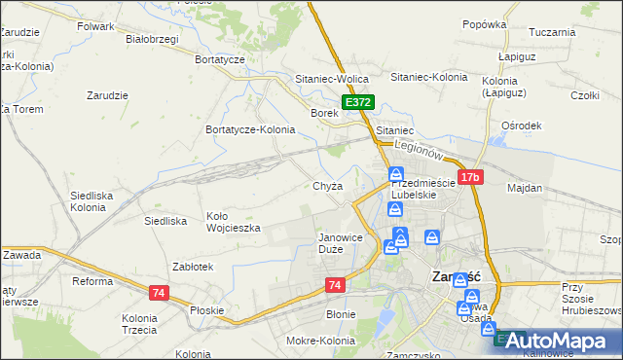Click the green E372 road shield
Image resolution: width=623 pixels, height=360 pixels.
(357, 101)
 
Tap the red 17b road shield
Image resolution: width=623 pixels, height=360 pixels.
(470, 177)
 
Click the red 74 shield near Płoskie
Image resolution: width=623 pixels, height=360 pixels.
(160, 292)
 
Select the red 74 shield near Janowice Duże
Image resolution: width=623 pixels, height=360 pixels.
(335, 284)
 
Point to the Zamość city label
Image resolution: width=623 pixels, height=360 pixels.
(453, 276)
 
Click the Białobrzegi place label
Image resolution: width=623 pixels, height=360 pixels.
(153, 40)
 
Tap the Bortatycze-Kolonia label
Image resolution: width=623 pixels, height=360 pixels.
(250, 129)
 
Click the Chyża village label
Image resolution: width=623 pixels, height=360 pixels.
(327, 187)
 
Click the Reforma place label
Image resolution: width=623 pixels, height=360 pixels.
(94, 281)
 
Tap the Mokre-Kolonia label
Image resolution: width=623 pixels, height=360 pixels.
(319, 341)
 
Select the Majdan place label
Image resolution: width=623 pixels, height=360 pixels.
(525, 187)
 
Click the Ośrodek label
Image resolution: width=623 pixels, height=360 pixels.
(521, 126)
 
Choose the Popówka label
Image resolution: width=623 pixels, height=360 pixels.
(484, 24)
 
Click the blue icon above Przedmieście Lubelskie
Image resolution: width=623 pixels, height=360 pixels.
(396, 175)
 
